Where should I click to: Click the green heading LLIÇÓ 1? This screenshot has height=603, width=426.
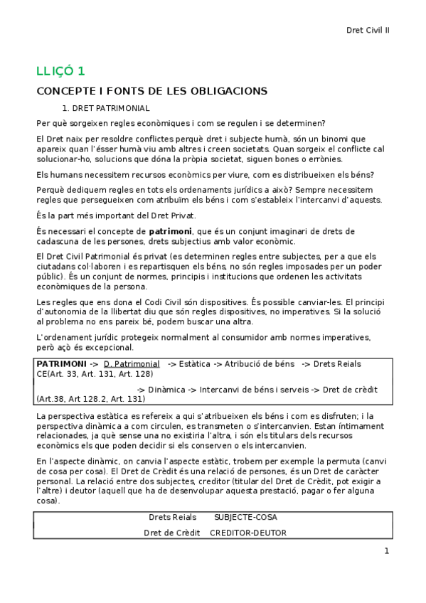click(x=60, y=70)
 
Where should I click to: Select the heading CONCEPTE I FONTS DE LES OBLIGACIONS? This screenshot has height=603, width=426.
click(x=151, y=91)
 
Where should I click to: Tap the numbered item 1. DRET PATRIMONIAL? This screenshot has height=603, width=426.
click(x=106, y=108)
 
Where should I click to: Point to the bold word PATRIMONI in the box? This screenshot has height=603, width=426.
click(x=61, y=363)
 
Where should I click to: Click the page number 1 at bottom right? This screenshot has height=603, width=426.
click(x=386, y=551)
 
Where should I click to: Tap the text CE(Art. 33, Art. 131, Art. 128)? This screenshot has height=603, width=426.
click(x=94, y=373)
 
